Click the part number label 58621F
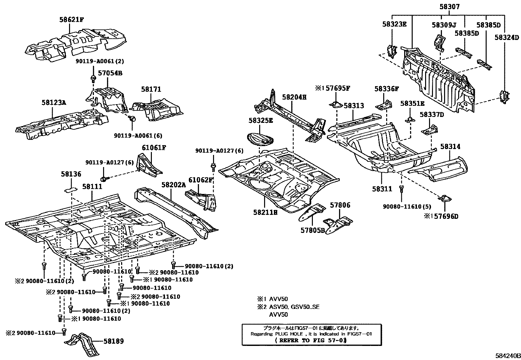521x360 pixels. click(x=71, y=20)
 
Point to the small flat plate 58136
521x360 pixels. click(x=70, y=189)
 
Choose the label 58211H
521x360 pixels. click(x=265, y=213)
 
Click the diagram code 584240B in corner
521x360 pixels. click(x=507, y=356)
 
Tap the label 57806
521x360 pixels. click(x=340, y=205)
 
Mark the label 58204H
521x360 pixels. click(x=294, y=97)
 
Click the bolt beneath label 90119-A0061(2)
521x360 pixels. click(x=93, y=78)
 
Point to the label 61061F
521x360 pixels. click(x=154, y=148)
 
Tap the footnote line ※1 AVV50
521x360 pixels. click(x=272, y=299)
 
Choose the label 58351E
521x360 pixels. click(x=412, y=104)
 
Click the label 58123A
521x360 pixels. click(x=54, y=103)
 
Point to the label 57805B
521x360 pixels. click(x=313, y=230)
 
